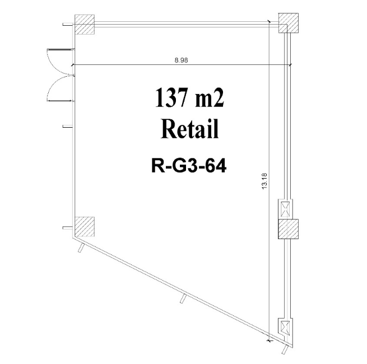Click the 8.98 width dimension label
(181, 60)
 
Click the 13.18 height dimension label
(264, 181)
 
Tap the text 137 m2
(189, 97)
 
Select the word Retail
(189, 129)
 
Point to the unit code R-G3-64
(189, 165)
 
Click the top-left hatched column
(85, 24)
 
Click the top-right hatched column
(289, 23)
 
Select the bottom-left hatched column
(85, 227)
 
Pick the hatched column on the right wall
(289, 229)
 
